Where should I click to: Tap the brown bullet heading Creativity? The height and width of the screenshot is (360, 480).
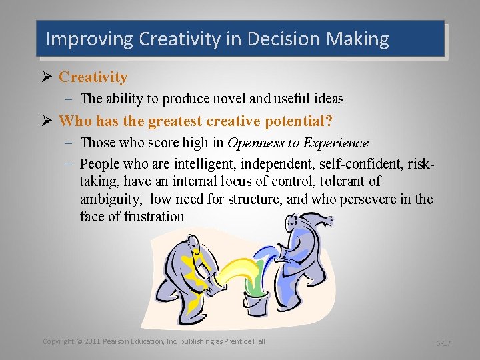93,77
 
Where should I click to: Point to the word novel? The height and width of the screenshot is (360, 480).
245,99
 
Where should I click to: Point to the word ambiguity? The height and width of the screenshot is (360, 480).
111,199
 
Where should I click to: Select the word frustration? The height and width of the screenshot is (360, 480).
154,217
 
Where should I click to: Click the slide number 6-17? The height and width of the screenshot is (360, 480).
443,343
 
